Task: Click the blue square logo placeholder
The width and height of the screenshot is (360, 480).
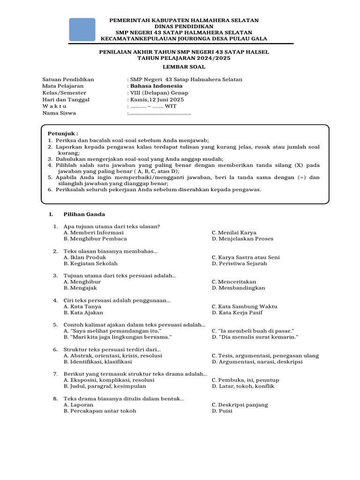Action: pyautogui.click(x=82, y=30)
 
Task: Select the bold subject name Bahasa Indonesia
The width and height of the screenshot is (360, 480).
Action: pyautogui.click(x=156, y=86)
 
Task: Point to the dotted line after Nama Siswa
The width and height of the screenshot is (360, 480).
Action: pyautogui.click(x=159, y=113)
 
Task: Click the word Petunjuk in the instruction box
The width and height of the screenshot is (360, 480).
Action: pyautogui.click(x=63, y=134)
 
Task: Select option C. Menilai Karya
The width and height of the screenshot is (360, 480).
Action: pyautogui.click(x=234, y=232)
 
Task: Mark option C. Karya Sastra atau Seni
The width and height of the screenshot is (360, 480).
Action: pyautogui.click(x=246, y=257)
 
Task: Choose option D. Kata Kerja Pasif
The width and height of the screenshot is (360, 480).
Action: pyautogui.click(x=237, y=313)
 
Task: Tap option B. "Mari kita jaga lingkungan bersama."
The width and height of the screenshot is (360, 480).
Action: pyautogui.click(x=118, y=337)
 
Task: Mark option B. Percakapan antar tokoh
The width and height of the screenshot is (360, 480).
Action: pyautogui.click(x=100, y=411)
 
